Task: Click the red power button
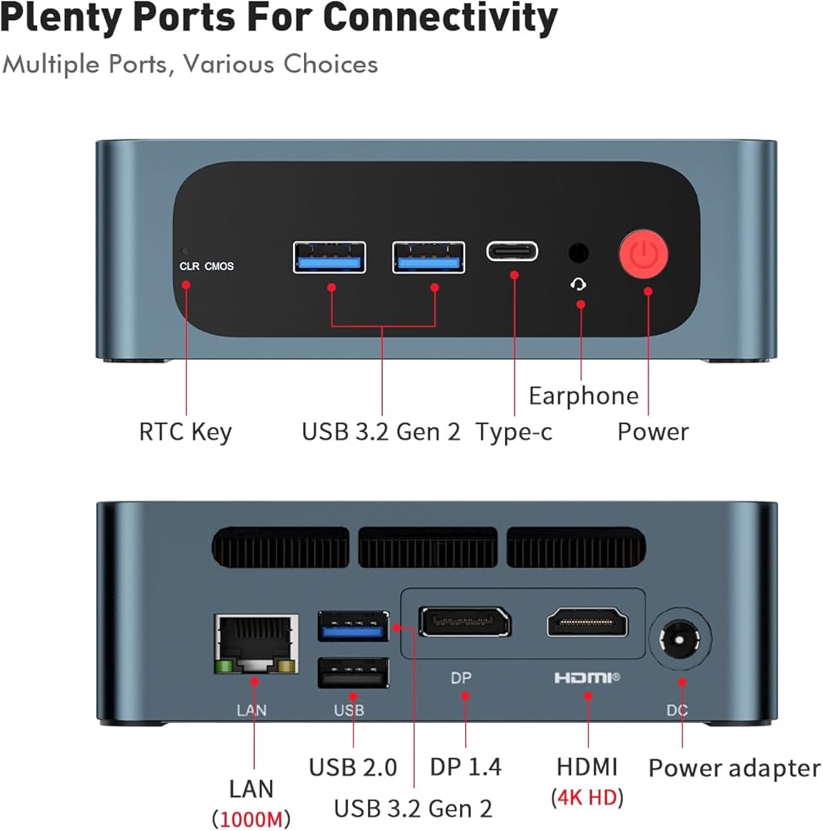[x=644, y=256]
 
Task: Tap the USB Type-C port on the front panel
[x=512, y=250]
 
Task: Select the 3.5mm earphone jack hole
[x=579, y=253]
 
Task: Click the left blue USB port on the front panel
[x=330, y=257]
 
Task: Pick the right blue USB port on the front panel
[x=429, y=257]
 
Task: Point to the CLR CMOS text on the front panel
[x=207, y=267]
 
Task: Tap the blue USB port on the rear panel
[x=353, y=626]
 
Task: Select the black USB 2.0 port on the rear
[x=353, y=672]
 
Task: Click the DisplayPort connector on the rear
[x=464, y=622]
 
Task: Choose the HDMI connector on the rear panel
[x=587, y=622]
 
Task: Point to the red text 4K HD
[x=587, y=797]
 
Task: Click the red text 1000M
[x=252, y=819]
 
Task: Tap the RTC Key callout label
[x=185, y=432]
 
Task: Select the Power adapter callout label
[x=734, y=768]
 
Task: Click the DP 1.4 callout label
[x=465, y=766]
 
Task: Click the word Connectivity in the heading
[x=439, y=18]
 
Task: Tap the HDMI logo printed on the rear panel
[x=587, y=678]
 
